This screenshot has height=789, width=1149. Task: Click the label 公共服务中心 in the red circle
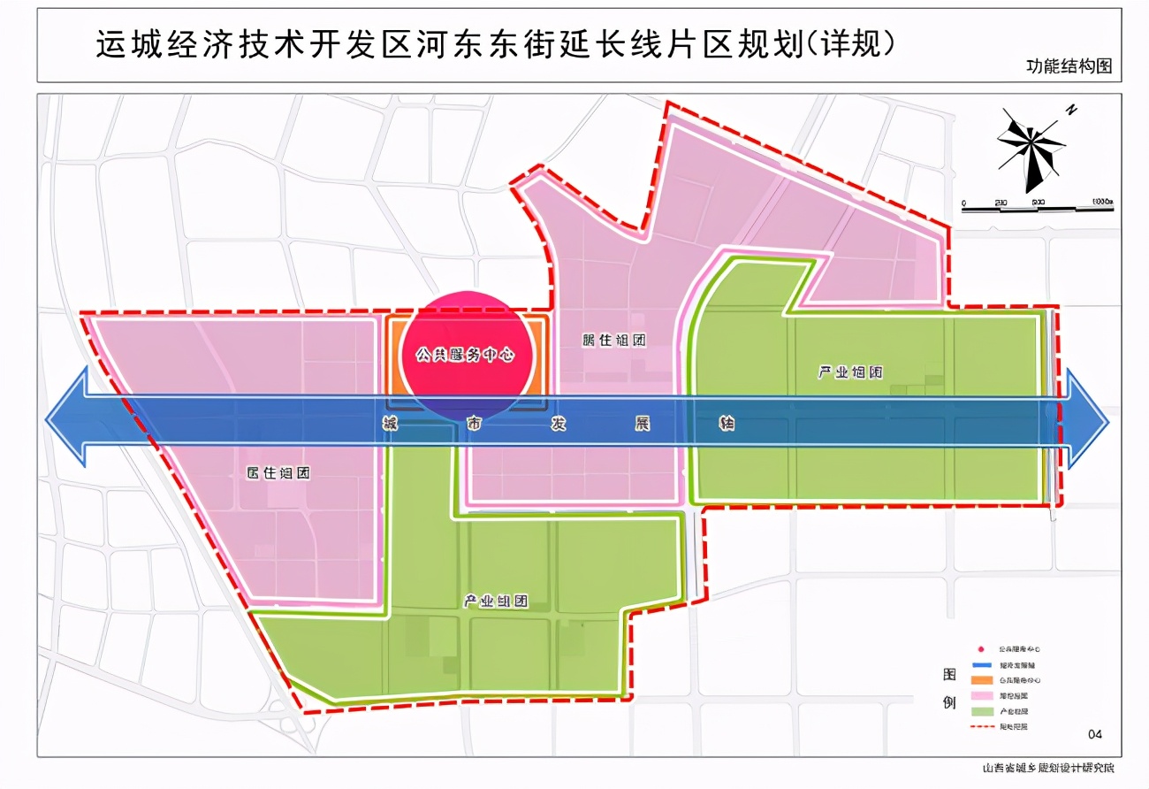pos(465,355)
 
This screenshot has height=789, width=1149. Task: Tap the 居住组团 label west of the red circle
pos(278,472)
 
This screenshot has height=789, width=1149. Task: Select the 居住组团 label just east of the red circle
pos(614,340)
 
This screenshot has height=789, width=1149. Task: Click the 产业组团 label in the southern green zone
pos(496,601)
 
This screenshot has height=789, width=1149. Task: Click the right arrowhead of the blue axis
pos(1089,419)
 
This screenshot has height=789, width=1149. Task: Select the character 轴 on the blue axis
pos(727,424)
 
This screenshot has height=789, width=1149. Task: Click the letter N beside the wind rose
pos(1070,111)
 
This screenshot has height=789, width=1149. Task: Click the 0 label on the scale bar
pos(964,203)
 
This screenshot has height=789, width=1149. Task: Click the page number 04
pos(1096,733)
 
